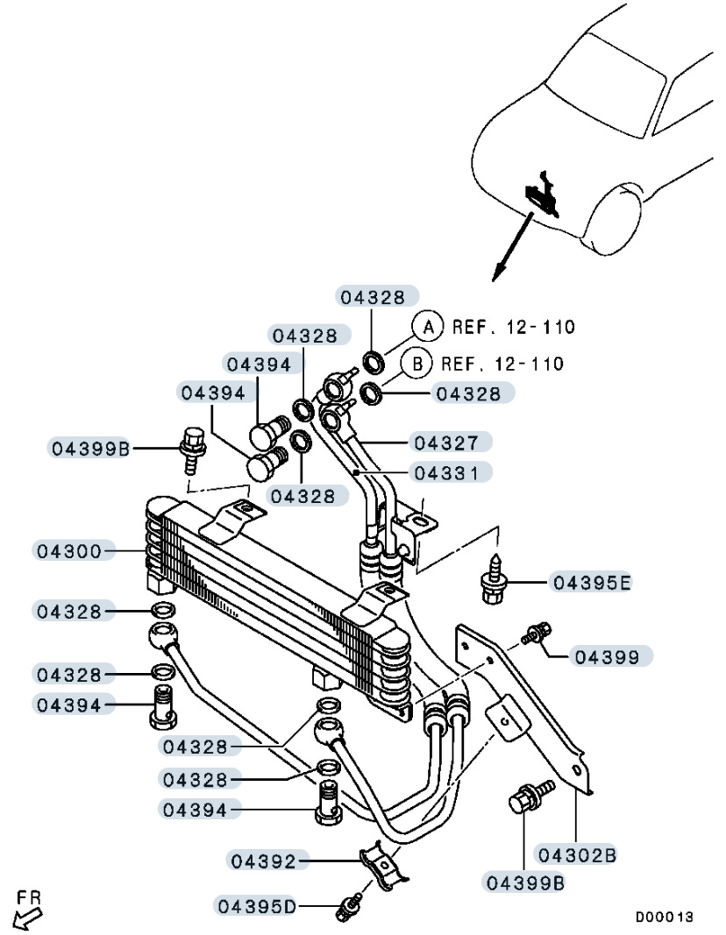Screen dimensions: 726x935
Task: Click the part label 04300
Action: (x=69, y=550)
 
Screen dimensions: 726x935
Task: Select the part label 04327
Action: (x=446, y=443)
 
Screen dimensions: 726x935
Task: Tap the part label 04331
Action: (x=446, y=473)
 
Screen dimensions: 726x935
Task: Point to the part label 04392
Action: (x=263, y=861)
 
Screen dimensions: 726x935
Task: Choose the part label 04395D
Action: (x=257, y=906)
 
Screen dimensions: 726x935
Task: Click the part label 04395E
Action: (x=592, y=582)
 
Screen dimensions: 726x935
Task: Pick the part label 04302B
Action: (x=577, y=854)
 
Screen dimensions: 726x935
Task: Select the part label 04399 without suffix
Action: (x=607, y=657)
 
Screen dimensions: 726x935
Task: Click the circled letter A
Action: (x=428, y=326)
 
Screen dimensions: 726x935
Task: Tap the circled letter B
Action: (x=417, y=363)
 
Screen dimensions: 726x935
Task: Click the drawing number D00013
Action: (x=664, y=916)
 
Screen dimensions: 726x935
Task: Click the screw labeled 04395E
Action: (x=494, y=579)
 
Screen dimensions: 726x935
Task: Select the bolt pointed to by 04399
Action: (x=537, y=633)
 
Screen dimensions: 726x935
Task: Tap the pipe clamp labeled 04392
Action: (x=384, y=866)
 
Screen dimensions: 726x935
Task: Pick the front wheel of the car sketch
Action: (x=615, y=220)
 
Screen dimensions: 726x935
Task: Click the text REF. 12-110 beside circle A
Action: (x=513, y=327)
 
